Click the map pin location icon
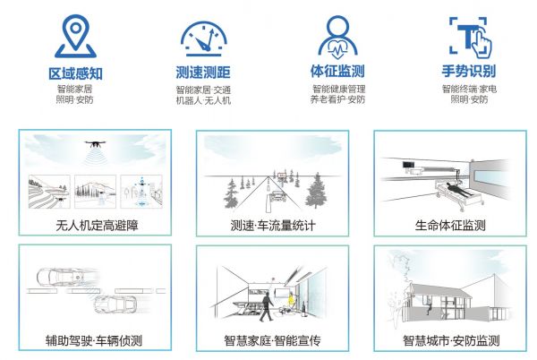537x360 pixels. point(76,36)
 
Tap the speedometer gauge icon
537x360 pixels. point(204,39)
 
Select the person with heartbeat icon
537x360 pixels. point(337,38)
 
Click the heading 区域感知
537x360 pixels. point(76,73)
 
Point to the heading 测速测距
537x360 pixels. point(203,73)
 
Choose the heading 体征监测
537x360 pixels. point(337,72)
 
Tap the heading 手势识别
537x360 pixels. point(469,72)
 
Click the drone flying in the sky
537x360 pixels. point(95,143)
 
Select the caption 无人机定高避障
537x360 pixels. point(97,226)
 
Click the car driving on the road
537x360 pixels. point(278,197)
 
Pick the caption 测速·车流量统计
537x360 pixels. point(273,226)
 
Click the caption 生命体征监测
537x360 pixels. point(450,226)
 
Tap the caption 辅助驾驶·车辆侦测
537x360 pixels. point(94,341)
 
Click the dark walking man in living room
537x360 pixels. point(266,306)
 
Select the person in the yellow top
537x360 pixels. point(291,300)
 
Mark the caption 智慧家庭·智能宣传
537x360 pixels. point(273,341)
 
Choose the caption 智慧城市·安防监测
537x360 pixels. point(451,341)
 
